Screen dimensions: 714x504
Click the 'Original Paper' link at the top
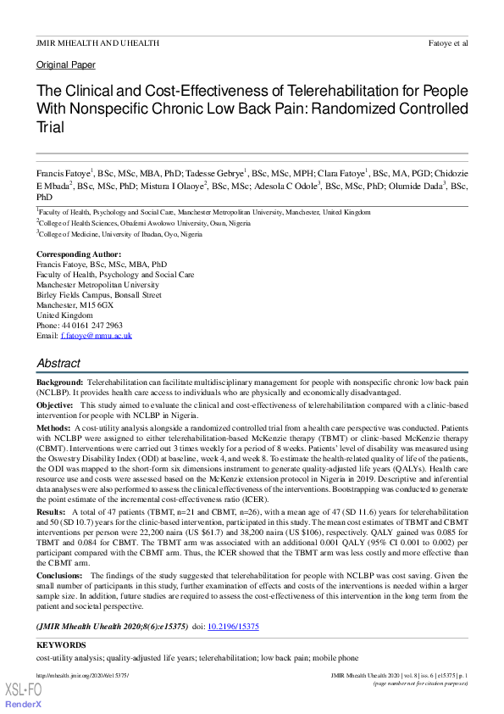pos(65,65)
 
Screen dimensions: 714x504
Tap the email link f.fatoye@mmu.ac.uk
pos(97,336)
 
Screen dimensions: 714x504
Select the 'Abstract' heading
pos(58,363)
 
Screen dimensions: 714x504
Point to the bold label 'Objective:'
pos(56,405)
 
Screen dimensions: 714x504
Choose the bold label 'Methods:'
pos(54,427)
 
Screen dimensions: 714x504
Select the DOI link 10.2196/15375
pos(235,627)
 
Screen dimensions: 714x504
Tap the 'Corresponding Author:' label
pos(79,254)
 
